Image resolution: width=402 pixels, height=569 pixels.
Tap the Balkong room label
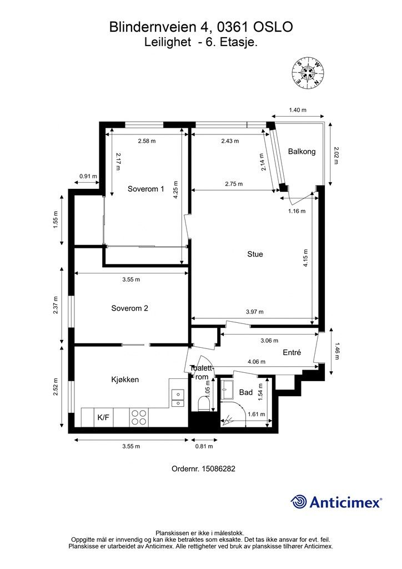coord(301,151)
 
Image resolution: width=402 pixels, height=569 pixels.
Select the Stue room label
coord(255,254)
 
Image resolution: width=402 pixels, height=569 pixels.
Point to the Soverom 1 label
coord(145,189)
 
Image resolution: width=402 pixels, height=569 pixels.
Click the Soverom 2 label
coord(129,308)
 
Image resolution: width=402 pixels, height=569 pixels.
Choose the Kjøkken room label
coord(125,380)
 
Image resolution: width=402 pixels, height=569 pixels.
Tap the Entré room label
coord(292,352)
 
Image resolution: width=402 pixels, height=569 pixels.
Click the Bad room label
coord(246,392)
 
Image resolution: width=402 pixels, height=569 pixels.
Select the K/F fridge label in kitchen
coord(103,417)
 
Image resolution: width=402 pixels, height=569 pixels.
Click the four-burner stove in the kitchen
coord(139,417)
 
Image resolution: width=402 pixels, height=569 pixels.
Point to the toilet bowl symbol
coord(204,404)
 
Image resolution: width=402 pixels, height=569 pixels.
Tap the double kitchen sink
coord(178,398)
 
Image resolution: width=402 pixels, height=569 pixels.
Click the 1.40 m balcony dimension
coord(297,110)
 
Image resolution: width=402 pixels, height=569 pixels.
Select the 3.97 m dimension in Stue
coord(254,312)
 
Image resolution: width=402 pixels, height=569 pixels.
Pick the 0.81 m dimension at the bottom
coord(204,446)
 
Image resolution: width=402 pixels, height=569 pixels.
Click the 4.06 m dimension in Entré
coord(257,362)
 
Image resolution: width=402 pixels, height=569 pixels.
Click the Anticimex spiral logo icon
coord(299,502)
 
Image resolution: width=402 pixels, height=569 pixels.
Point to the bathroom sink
coord(228,390)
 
